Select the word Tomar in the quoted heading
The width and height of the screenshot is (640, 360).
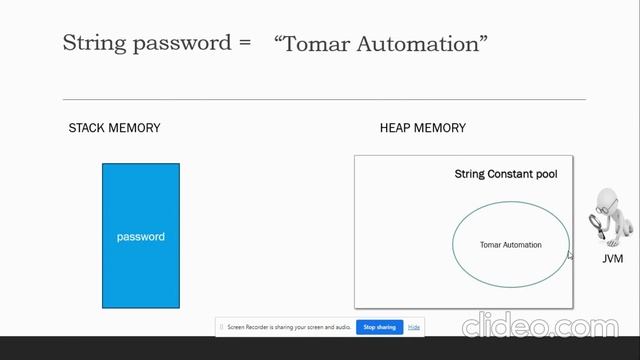point(317,43)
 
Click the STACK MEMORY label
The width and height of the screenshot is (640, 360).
point(114,128)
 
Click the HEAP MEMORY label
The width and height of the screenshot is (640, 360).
point(422,128)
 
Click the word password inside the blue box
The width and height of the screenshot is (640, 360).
point(140,237)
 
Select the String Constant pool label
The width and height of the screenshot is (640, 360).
point(506,174)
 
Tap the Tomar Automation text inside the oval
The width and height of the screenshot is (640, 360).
point(510,245)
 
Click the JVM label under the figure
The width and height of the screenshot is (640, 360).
point(612,259)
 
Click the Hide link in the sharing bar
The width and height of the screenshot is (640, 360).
point(414,327)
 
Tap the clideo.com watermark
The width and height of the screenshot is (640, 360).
point(539,327)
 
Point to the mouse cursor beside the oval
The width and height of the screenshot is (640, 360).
point(570,255)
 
